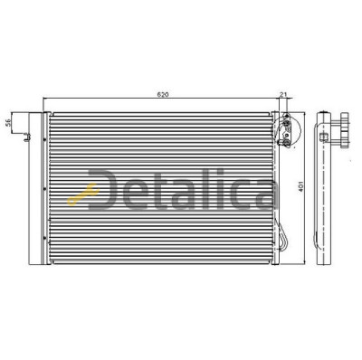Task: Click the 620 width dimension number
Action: click(162, 94)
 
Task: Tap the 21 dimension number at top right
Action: click(283, 94)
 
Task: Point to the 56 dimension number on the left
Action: click(8, 122)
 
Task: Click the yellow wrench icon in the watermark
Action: click(83, 194)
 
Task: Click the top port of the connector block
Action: click(286, 116)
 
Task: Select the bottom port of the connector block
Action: click(287, 143)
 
